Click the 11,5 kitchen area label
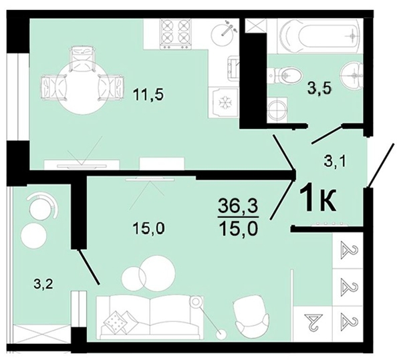point(148,96)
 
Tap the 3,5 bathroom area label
point(319,89)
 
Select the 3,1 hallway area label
point(335,162)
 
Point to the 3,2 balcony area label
point(43,285)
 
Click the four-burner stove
point(175,33)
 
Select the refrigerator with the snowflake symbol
point(223,102)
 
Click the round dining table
point(83,87)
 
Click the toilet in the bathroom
point(285,75)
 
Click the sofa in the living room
point(150,317)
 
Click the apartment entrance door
point(381,166)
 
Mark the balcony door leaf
point(89,267)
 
